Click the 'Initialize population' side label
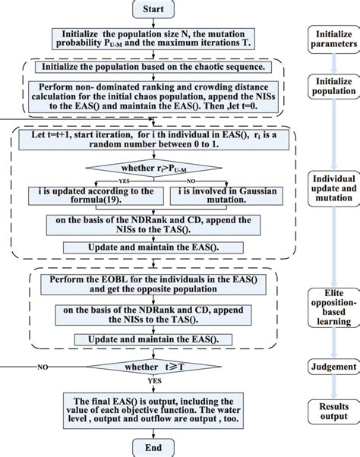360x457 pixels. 332,86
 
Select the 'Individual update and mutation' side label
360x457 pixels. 332,188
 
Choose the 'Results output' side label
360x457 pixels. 332,411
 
